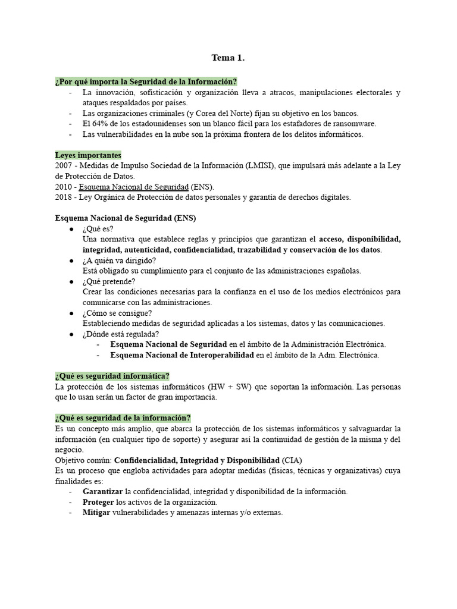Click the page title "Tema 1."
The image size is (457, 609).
point(228,58)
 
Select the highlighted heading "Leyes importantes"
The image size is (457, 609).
point(88,155)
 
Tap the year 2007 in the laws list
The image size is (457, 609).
point(64,165)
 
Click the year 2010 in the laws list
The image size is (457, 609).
point(64,187)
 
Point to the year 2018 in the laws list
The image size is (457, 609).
point(64,197)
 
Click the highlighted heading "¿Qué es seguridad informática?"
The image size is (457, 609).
point(112,376)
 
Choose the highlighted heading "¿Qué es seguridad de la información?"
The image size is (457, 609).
point(123,418)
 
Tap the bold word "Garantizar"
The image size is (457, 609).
point(103,492)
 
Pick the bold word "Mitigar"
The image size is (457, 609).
point(96,513)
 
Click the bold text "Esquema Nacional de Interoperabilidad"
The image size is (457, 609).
point(182,355)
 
